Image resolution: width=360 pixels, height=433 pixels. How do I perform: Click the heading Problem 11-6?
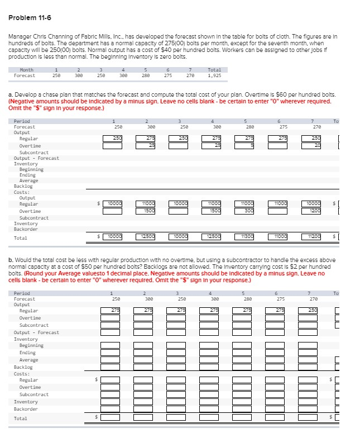click(28, 17)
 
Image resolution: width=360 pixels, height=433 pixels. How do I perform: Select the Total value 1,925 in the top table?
click(215, 75)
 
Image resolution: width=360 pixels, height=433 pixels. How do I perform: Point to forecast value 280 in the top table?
click(145, 75)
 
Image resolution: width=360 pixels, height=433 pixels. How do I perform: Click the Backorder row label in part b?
click(26, 408)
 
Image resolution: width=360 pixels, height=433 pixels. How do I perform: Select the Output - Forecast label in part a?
click(36, 158)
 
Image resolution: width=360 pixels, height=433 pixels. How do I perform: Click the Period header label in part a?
click(22, 121)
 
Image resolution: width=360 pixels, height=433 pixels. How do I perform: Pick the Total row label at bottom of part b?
click(20, 418)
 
